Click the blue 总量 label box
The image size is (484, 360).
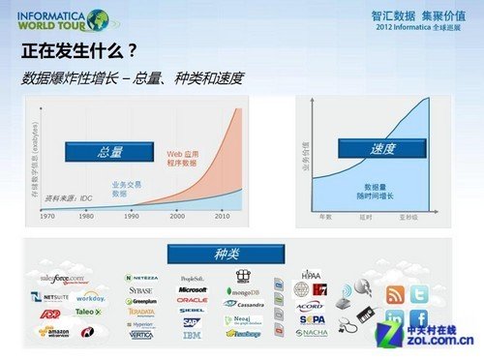[110, 152]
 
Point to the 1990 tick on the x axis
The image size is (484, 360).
[132, 214]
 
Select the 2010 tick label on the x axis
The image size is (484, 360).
[222, 214]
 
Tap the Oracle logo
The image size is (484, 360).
[192, 300]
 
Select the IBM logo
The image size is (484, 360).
[192, 335]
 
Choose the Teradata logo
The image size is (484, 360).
[142, 312]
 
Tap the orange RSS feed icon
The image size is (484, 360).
[395, 295]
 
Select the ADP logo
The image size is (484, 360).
[48, 314]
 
